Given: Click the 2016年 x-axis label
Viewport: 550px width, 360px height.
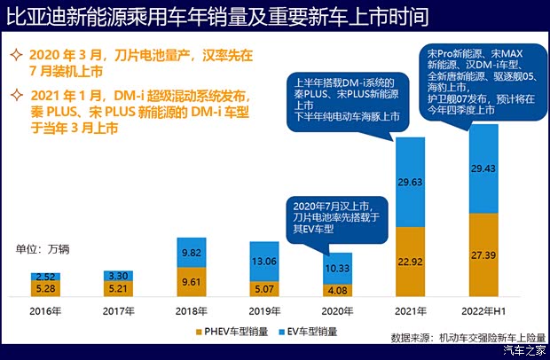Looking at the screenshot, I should click(x=45, y=310).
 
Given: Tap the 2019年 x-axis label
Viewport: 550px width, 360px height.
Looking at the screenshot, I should click(x=263, y=310).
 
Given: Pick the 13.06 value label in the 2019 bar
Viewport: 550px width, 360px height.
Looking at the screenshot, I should click(x=264, y=261).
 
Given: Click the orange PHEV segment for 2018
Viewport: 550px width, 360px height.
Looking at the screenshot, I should click(x=192, y=280).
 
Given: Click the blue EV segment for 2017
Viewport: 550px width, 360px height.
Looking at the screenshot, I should click(x=119, y=276).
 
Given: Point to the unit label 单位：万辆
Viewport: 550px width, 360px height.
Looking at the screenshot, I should click(x=42, y=249).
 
